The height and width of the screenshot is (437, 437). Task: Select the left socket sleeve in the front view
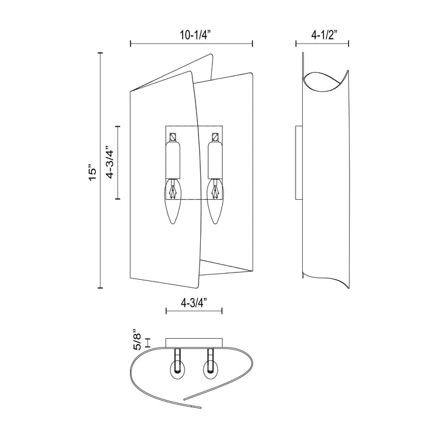174,159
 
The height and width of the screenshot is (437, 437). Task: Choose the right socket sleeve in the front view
214,159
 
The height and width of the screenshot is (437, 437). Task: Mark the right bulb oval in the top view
211,369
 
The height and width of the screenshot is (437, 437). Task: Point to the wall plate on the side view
297,162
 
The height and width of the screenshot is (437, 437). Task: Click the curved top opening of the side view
325,83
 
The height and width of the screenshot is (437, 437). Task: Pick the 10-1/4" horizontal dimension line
192,44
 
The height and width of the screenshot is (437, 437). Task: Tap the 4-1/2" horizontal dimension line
322,44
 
